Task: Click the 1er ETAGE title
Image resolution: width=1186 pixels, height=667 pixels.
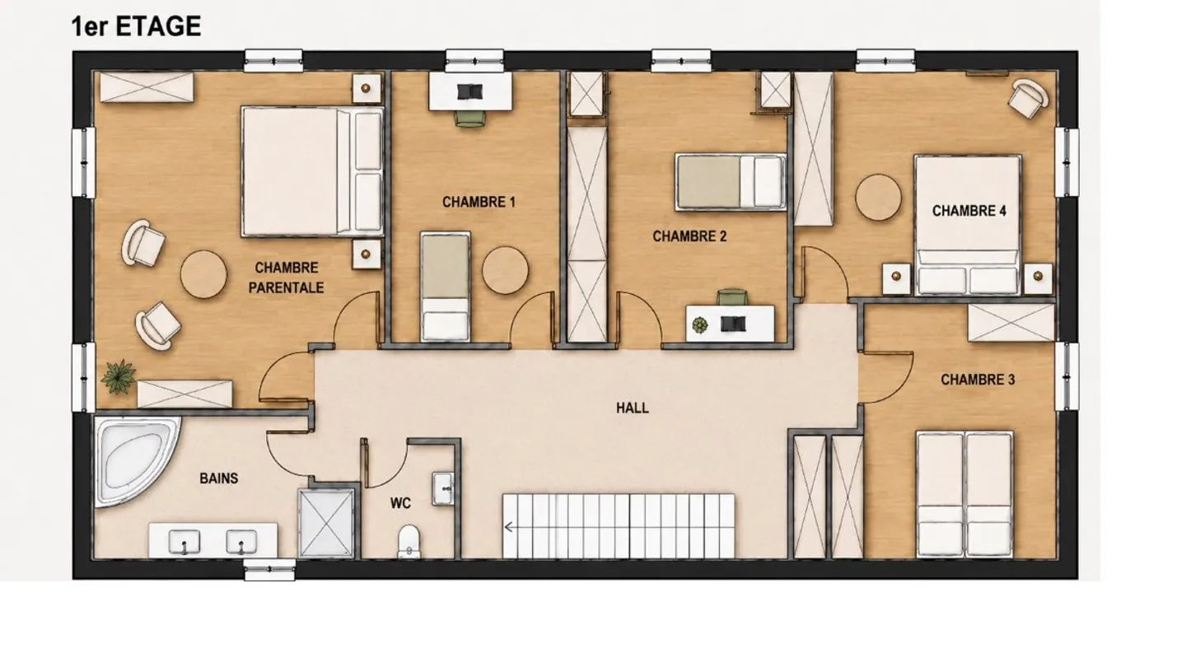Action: click(x=136, y=26)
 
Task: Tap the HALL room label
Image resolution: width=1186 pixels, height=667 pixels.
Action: click(x=633, y=408)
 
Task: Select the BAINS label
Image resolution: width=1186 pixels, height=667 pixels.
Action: click(x=219, y=478)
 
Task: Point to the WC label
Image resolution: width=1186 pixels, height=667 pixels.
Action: click(x=400, y=503)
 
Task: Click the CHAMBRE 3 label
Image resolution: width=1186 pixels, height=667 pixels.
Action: click(x=978, y=380)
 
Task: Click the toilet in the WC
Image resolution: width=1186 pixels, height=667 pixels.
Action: click(x=409, y=542)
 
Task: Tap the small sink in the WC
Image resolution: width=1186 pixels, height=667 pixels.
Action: click(x=442, y=487)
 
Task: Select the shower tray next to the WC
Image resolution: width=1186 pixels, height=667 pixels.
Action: click(x=326, y=524)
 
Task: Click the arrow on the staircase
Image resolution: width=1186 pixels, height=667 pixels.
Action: click(x=509, y=527)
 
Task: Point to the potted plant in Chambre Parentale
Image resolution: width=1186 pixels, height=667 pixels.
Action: click(x=118, y=377)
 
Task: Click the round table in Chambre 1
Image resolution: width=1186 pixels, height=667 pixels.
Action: click(x=505, y=270)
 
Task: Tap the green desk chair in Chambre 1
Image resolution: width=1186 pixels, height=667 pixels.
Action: click(x=469, y=119)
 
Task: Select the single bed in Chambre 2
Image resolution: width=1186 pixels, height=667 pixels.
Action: click(x=730, y=182)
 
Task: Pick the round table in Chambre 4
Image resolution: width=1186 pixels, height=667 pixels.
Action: click(x=878, y=198)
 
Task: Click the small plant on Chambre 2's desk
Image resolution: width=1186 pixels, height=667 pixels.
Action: click(x=700, y=325)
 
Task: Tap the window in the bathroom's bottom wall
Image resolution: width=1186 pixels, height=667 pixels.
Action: click(x=269, y=570)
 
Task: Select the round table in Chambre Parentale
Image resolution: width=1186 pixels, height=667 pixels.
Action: click(x=204, y=274)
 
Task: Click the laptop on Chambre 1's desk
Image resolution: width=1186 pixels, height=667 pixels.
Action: click(x=469, y=91)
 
